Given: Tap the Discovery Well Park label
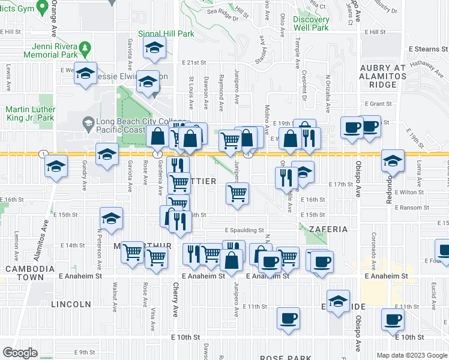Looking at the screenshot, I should [x=311, y=23].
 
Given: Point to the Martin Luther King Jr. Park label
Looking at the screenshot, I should [x=30, y=114].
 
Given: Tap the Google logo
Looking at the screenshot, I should [x=20, y=353].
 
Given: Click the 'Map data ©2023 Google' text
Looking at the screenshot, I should [x=412, y=355].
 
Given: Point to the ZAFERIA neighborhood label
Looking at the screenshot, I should [x=328, y=229].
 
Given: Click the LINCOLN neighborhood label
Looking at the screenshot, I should [x=71, y=304].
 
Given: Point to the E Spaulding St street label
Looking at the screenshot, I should [x=244, y=230].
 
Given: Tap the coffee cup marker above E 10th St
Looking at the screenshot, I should [x=393, y=320].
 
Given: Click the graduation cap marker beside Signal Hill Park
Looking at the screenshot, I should [x=154, y=48].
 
